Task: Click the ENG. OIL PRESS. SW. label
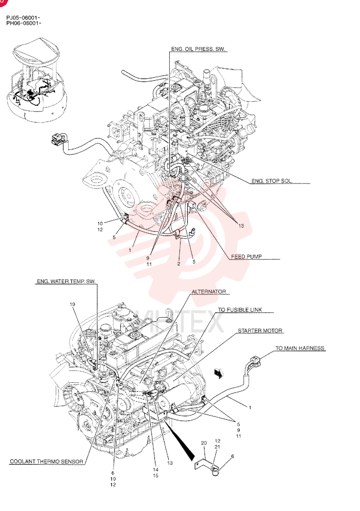(198, 49)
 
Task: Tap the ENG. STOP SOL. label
(272, 181)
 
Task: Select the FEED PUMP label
(246, 257)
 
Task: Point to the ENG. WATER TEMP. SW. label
(66, 281)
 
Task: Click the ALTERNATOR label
(209, 291)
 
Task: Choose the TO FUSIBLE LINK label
(240, 310)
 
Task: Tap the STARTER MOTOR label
(260, 331)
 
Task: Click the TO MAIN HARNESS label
(300, 348)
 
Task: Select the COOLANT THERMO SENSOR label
(47, 461)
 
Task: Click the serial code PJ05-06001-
(24, 17)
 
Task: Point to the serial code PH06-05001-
(24, 23)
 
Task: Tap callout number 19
(73, 305)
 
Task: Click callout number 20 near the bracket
(204, 443)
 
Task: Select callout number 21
(217, 447)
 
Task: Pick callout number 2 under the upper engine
(178, 264)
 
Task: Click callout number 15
(155, 475)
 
